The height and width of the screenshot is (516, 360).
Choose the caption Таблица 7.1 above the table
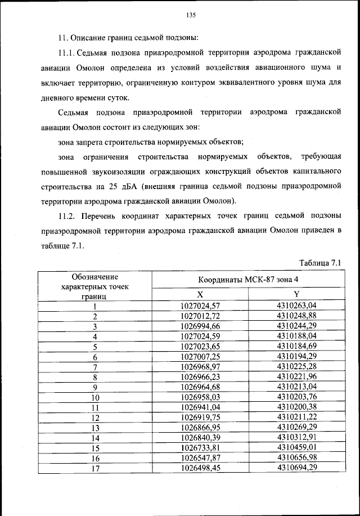click(321, 262)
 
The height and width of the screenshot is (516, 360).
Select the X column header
click(200, 295)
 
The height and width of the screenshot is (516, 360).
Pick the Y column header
click(297, 295)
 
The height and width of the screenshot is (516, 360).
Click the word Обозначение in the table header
click(95, 276)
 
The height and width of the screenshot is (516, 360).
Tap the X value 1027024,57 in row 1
click(200, 306)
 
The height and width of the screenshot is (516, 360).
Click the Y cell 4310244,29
click(297, 326)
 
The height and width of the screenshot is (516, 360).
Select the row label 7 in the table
click(95, 367)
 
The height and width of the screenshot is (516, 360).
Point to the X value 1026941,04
click(200, 407)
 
